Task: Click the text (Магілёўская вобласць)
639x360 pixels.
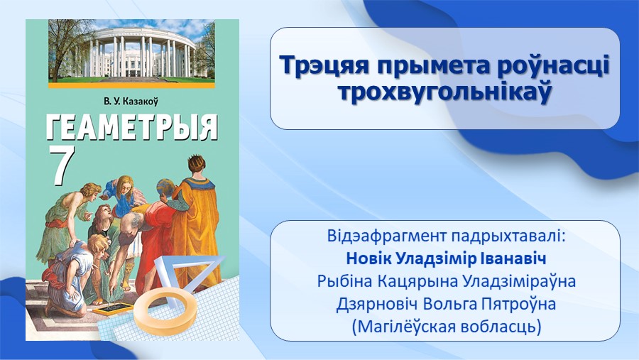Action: pos(447,327)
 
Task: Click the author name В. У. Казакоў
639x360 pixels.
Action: pos(131,101)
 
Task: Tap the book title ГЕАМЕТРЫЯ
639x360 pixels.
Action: pos(131,127)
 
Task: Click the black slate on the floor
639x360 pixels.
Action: pos(113,309)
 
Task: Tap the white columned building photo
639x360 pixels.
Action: pos(131,51)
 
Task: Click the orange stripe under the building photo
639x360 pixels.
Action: pos(131,86)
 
